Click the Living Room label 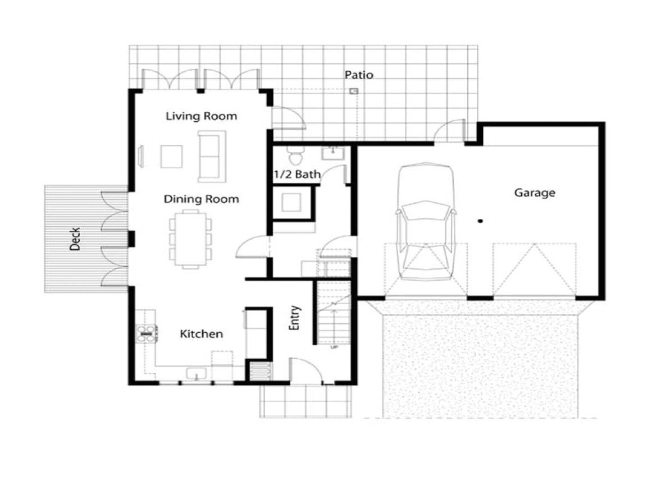pos(201,116)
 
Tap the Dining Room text pos(201,199)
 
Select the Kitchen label pos(201,334)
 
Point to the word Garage pos(535,193)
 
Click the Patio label pos(359,75)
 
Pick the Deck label pos(75,239)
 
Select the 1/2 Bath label pos(297,175)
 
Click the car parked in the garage pos(425,221)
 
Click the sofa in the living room pos(212,156)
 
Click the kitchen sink pos(196,373)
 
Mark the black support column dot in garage pos(480,221)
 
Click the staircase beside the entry pos(334,313)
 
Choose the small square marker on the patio pos(353,91)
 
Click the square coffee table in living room pos(171,156)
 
